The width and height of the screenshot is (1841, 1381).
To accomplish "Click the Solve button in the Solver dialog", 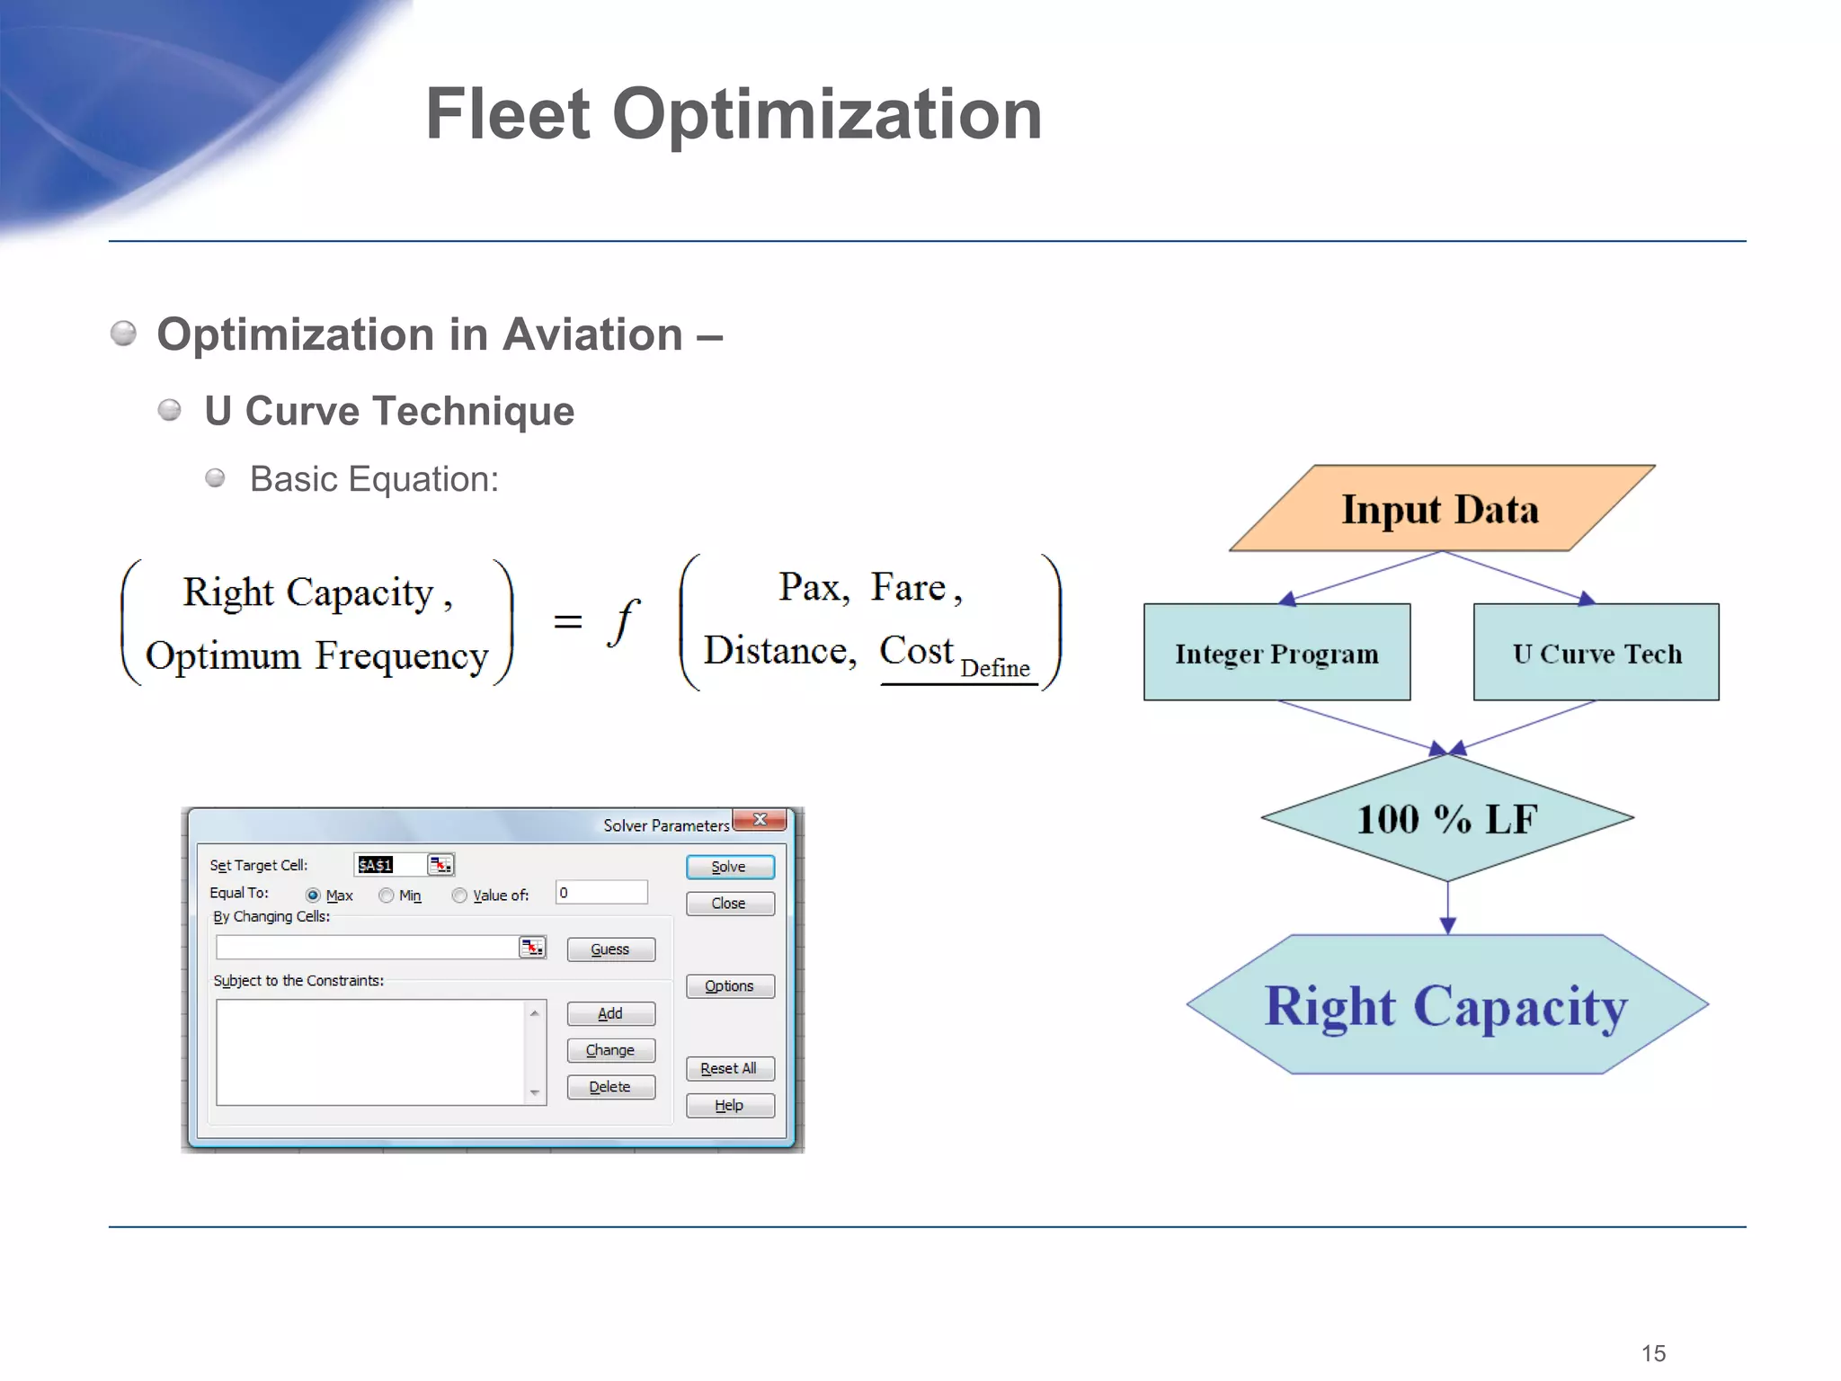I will (x=729, y=867).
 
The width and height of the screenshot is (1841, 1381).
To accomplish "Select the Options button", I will (x=729, y=986).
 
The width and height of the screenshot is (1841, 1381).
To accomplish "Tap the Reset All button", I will (x=729, y=1068).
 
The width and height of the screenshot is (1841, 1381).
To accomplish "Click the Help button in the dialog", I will (x=729, y=1105).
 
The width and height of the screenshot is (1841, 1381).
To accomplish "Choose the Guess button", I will (x=610, y=949).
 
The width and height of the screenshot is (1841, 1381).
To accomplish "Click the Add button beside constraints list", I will (x=610, y=1013).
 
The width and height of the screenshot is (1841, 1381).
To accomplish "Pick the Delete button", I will (x=610, y=1087).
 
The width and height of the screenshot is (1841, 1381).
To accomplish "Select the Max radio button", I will (x=313, y=895).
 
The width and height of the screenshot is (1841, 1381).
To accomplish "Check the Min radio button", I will (x=387, y=895).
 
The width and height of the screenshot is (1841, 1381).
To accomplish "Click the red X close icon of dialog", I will (x=760, y=820).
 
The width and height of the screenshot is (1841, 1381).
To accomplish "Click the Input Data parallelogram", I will (x=1441, y=509).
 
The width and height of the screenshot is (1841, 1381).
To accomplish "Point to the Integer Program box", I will (x=1276, y=653).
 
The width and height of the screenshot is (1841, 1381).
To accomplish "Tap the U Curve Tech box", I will (x=1596, y=653).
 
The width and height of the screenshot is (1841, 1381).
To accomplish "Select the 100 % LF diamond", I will (x=1446, y=818).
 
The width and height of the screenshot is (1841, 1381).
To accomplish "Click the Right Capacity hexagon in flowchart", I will (x=1446, y=1005).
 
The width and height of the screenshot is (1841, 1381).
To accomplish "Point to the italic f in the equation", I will (x=623, y=622).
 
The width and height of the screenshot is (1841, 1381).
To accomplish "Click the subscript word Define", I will (x=994, y=668).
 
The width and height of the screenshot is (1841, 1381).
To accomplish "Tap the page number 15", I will (x=1652, y=1353).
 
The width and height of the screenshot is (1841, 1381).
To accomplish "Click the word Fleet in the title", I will (x=508, y=115).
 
